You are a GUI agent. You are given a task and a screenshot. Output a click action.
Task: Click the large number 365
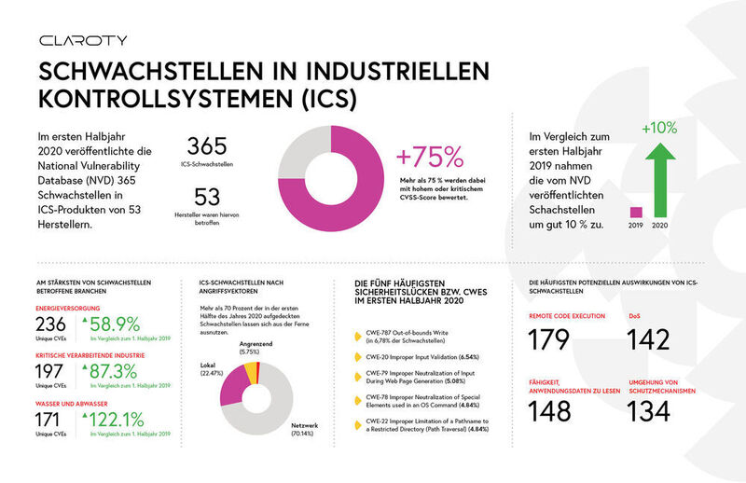point(214,147)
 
